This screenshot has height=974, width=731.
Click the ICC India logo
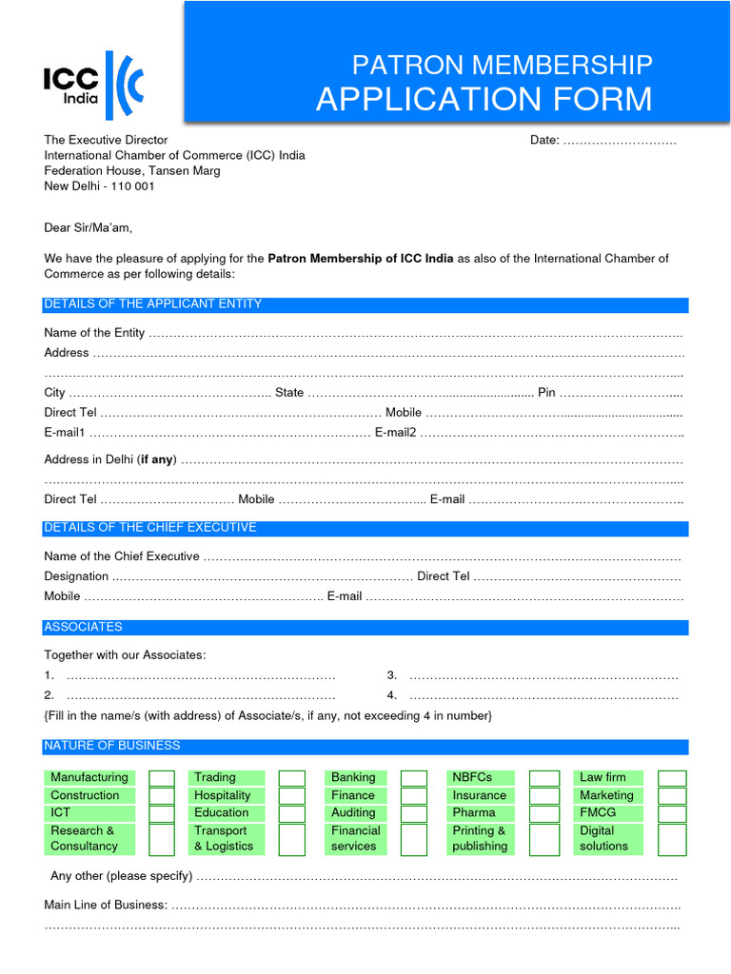coord(93,86)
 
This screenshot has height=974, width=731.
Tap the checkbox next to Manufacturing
coord(162,778)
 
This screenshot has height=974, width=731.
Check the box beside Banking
coord(414,778)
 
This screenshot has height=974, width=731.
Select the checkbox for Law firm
coord(672,778)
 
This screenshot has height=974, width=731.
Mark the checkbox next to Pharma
coord(543,813)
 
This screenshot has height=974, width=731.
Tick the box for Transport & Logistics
coord(291,839)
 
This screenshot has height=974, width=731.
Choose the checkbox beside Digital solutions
coord(672,839)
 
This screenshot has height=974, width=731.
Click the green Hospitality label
coord(223,795)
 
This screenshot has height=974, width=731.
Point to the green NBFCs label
coord(472,777)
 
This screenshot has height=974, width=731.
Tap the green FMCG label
coord(598,812)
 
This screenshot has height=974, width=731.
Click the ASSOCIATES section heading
coord(84,628)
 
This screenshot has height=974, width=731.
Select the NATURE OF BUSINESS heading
coord(112,746)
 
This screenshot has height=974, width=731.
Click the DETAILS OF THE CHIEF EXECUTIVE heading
coord(150,528)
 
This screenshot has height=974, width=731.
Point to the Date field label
coord(544,141)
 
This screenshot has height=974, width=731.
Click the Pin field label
coord(546,393)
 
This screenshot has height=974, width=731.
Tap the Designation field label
coord(76,576)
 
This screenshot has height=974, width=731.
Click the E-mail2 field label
coord(395,433)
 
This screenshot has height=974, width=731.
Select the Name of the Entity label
coord(94,333)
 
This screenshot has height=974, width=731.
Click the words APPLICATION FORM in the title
coord(484,99)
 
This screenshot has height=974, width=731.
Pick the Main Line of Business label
coord(106,906)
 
